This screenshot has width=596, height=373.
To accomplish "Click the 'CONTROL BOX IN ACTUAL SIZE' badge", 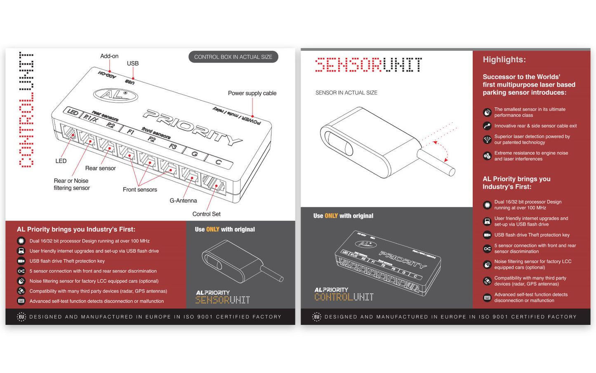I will [233, 57].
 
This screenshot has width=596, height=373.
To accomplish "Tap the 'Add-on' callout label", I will [109, 56].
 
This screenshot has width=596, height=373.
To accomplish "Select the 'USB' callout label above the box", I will [133, 64].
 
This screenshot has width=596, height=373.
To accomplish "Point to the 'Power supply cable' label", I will [252, 93].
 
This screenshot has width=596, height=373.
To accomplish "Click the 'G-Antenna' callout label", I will [183, 201].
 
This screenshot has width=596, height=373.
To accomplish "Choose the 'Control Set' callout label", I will [206, 214].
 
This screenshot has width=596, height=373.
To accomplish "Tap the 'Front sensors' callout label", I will [140, 190].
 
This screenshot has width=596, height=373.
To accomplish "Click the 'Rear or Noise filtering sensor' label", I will [72, 184].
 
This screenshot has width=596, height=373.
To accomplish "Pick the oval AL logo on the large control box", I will [115, 95].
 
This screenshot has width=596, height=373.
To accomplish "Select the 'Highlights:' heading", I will [504, 59].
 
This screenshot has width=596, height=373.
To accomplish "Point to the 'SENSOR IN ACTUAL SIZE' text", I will [346, 93].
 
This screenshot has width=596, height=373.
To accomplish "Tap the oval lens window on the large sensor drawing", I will [339, 143].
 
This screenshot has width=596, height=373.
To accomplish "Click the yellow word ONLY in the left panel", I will [213, 230].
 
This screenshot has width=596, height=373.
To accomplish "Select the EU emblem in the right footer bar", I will [317, 317].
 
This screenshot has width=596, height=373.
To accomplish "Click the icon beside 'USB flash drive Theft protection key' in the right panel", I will [487, 235].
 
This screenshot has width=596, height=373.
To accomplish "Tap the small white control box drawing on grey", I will [388, 263].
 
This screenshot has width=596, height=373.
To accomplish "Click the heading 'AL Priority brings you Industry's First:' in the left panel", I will [76, 230].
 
